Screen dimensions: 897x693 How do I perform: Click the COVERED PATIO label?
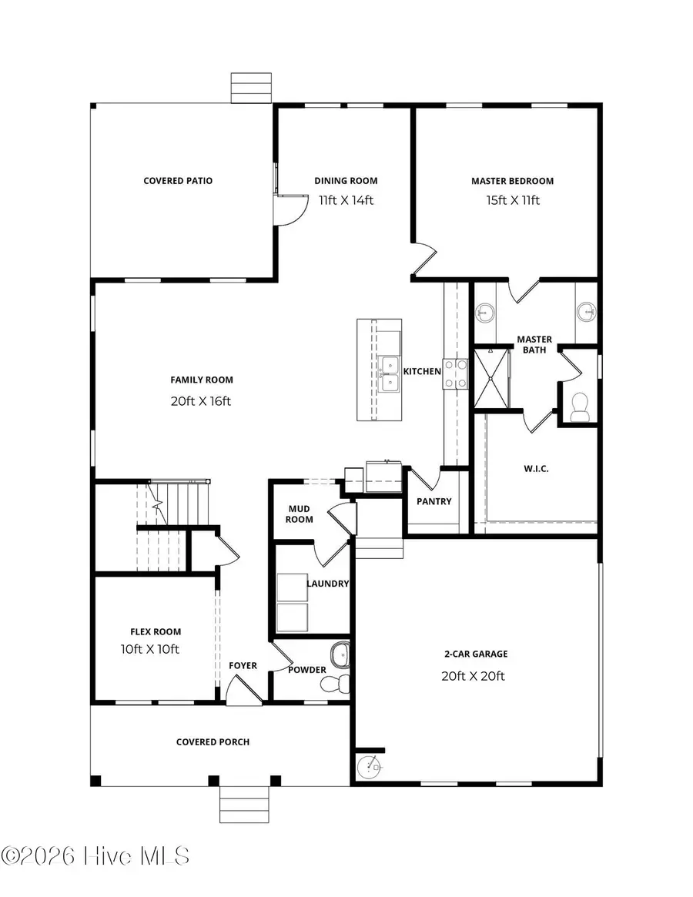tap(178, 181)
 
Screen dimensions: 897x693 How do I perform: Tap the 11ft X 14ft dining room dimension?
tap(346, 200)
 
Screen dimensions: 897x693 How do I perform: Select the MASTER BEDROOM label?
tap(512, 181)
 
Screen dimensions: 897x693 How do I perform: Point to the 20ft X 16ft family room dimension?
tap(201, 400)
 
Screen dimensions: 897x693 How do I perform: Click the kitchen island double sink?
tap(390, 373)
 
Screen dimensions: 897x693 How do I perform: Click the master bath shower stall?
tap(490, 377)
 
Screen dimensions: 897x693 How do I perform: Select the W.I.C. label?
tap(536, 469)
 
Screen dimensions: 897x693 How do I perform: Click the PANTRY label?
tap(434, 502)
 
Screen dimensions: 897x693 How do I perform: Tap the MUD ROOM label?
tap(300, 514)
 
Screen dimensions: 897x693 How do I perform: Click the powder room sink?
tap(340, 656)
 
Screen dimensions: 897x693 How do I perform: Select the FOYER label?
tap(243, 666)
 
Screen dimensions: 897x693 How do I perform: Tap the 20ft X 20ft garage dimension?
tap(474, 676)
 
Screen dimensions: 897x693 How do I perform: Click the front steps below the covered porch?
tap(243, 805)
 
